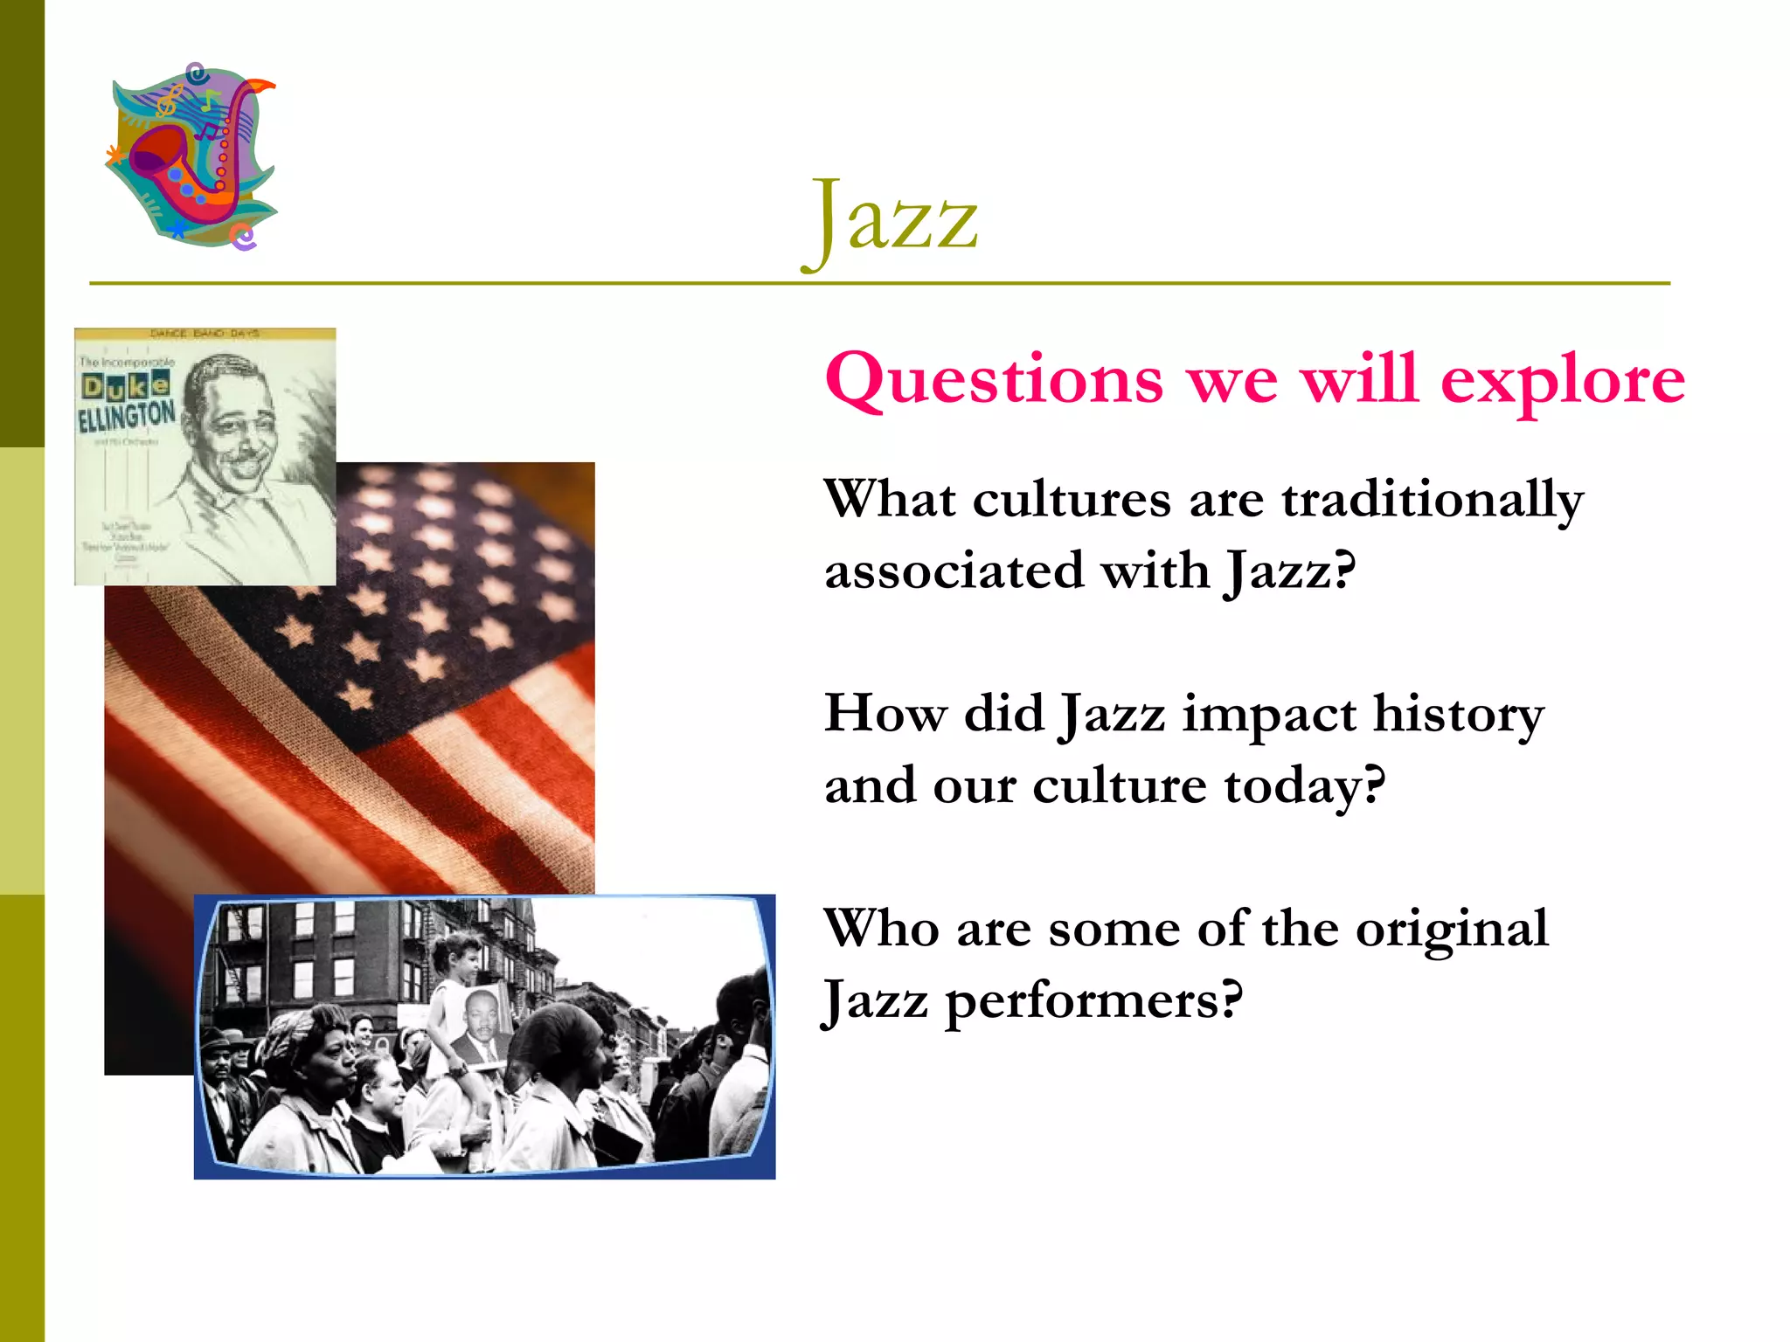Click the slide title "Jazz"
coord(892,218)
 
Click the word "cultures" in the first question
coord(1072,500)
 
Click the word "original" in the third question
coord(1452,930)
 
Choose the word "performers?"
coord(1093,1001)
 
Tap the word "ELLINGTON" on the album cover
coord(127,416)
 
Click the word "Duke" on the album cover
coord(126,384)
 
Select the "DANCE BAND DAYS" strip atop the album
coord(205,334)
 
